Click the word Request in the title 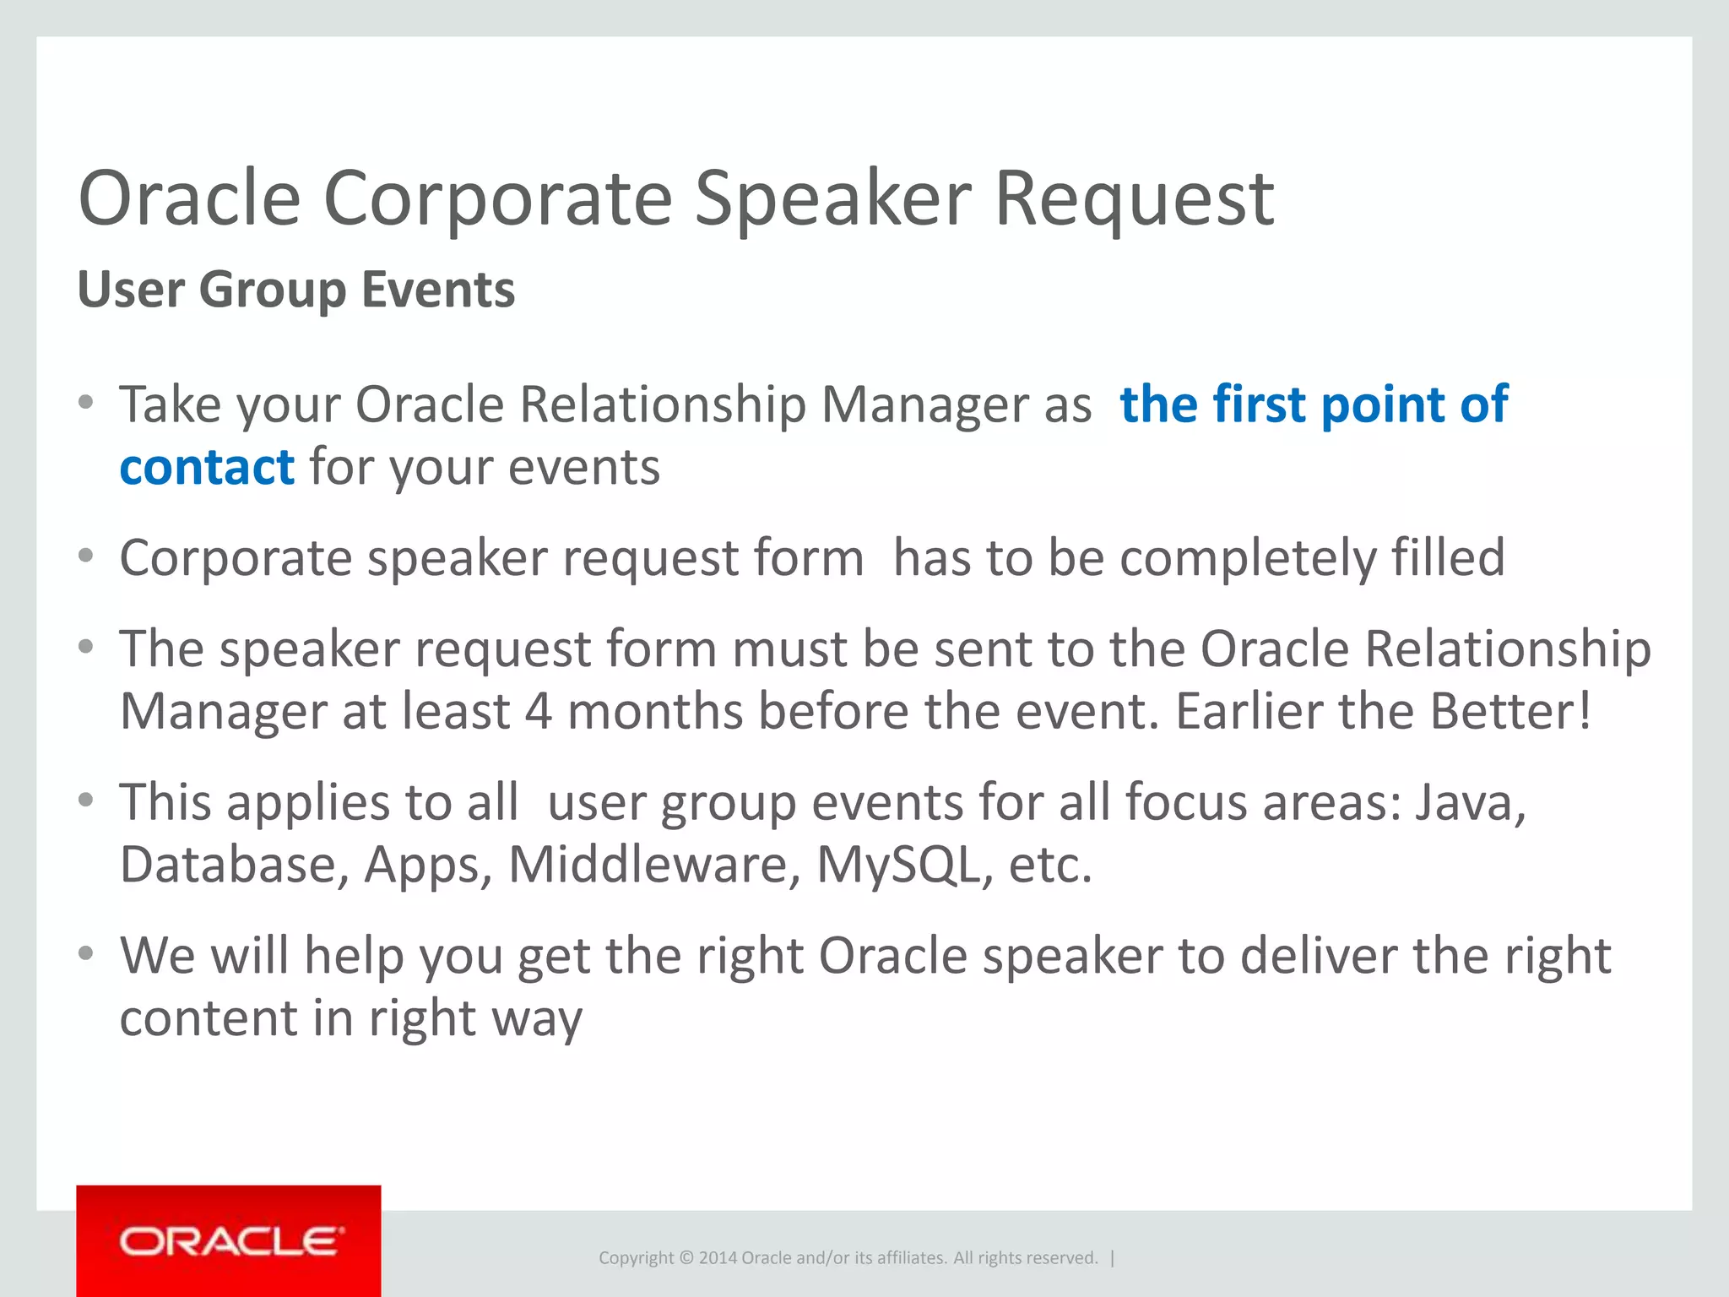coord(1134,199)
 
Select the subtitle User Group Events coord(295,290)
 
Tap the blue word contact coord(207,467)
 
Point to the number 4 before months coord(539,711)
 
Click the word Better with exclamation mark coord(1510,711)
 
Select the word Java coord(1470,801)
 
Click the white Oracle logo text coord(231,1242)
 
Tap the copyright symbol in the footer coord(686,1258)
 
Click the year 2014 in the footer coord(718,1258)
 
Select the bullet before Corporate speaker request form coord(85,556)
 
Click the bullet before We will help coord(85,954)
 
